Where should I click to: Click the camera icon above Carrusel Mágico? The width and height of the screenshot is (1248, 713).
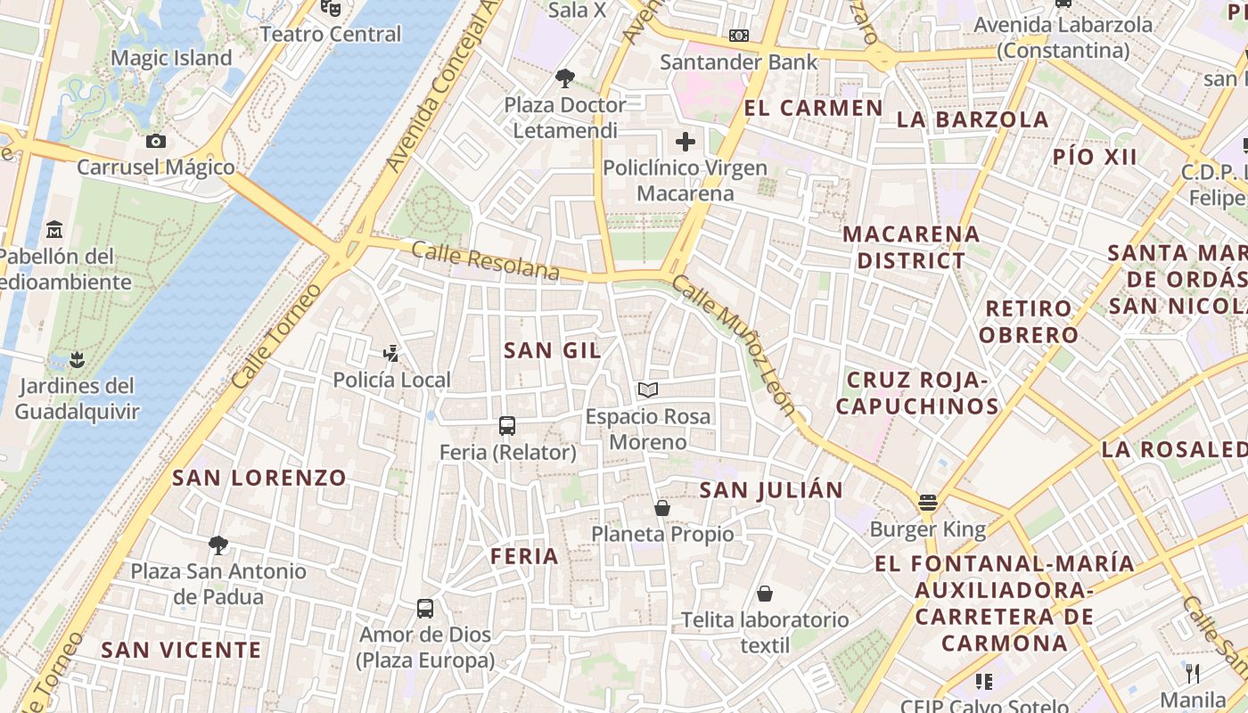(156, 141)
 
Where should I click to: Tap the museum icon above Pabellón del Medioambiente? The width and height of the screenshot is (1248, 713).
(54, 229)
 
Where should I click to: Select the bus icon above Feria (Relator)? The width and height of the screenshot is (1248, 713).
(507, 425)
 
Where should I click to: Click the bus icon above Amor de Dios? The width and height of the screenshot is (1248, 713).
(425, 609)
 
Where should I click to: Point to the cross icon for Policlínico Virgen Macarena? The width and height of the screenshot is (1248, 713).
(685, 142)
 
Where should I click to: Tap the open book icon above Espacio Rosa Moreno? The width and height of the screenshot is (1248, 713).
(648, 389)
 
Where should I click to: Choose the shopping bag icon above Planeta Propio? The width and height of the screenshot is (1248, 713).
(662, 508)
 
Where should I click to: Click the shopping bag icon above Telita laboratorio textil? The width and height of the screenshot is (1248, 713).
(765, 594)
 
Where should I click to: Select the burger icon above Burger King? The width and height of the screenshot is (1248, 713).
(928, 502)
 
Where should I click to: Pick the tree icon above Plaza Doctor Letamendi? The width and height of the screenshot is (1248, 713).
(564, 78)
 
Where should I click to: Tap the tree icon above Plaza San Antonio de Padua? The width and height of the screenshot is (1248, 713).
(218, 545)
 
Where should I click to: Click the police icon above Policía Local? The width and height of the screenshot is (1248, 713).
(390, 354)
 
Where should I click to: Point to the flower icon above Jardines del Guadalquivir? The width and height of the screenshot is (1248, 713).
(77, 359)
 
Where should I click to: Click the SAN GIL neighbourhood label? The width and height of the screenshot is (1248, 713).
(553, 350)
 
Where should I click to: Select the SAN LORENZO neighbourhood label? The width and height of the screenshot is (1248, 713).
(259, 478)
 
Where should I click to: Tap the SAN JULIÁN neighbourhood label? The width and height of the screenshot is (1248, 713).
(771, 490)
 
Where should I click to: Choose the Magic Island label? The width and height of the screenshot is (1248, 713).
(171, 59)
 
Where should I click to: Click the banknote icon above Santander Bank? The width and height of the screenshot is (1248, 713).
(738, 36)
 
